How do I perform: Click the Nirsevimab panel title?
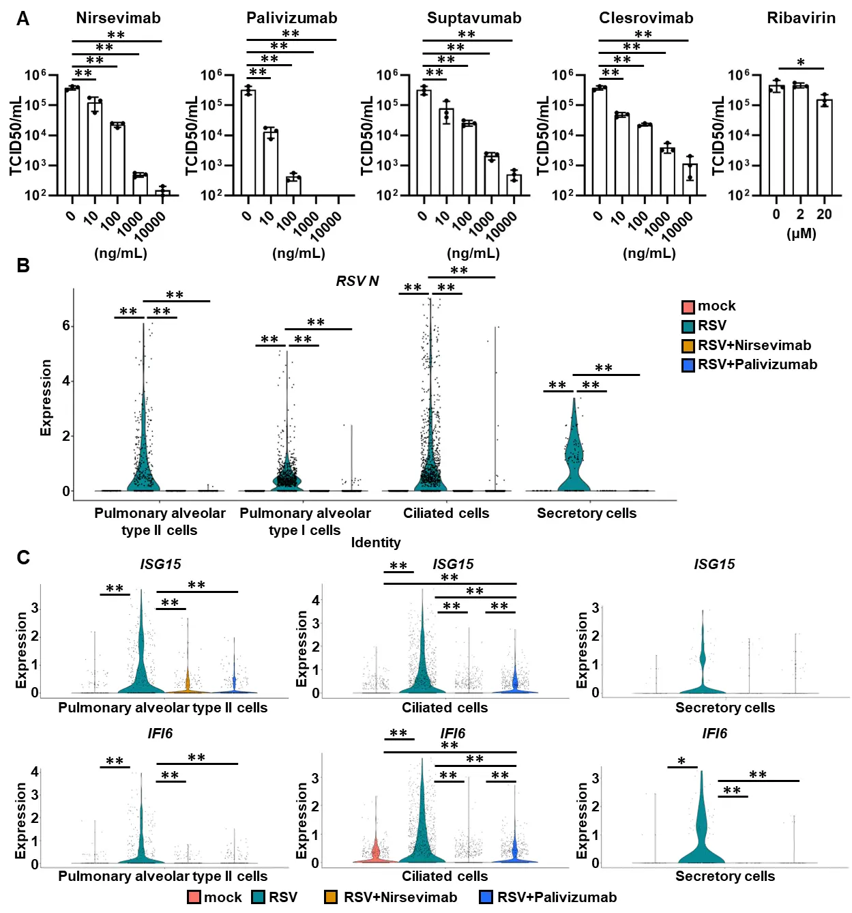coord(118,18)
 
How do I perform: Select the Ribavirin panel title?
coord(801,18)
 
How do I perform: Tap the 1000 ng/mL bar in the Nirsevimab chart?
coord(140,185)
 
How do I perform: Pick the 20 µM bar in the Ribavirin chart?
coord(824,147)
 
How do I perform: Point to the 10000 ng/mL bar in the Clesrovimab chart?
coord(690,179)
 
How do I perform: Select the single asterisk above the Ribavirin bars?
coord(801,63)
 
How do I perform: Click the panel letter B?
coord(23,265)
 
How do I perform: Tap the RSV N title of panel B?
coord(357,281)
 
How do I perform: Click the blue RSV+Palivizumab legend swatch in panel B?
coord(688,365)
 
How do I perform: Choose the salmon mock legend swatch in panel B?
coord(688,306)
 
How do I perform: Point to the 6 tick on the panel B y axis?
coord(66,326)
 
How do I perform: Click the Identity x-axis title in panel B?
coord(376,542)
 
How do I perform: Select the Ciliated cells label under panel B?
coord(446,513)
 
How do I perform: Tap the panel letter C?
coord(23,558)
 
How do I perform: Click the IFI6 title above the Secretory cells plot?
coord(714,734)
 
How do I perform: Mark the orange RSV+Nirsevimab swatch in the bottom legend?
coord(331,897)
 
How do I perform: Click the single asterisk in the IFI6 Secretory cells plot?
coord(681,762)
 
